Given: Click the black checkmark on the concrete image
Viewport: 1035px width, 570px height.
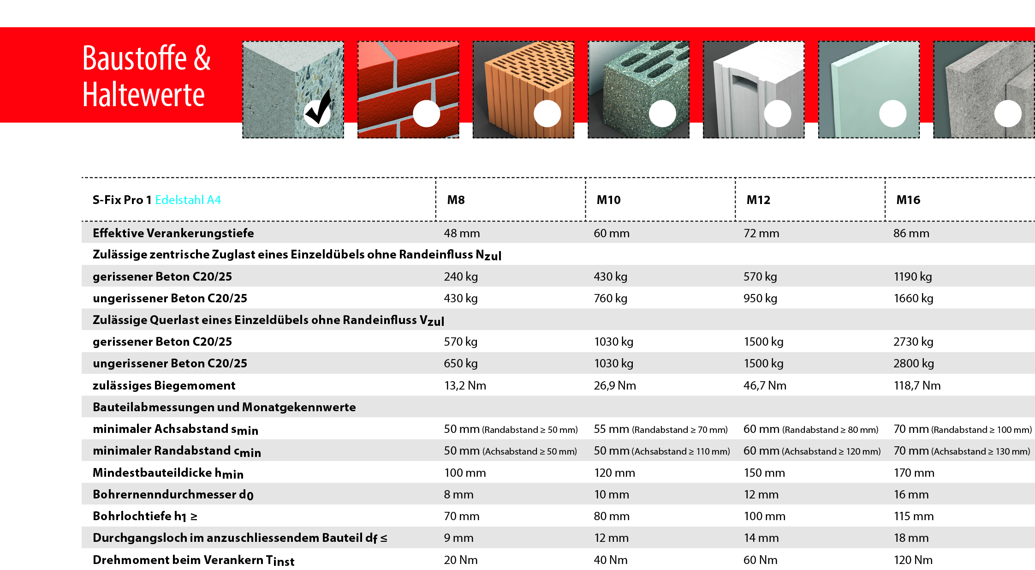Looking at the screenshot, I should tap(318, 108).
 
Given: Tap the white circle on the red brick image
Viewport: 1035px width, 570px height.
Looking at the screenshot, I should tap(426, 114).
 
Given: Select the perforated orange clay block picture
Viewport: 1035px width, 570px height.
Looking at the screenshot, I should tap(523, 89).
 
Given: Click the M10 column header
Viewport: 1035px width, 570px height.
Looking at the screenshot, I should tap(608, 200).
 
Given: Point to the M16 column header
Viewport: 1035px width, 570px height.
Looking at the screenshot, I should tap(908, 200).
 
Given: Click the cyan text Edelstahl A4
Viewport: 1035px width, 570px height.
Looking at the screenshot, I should tap(188, 200).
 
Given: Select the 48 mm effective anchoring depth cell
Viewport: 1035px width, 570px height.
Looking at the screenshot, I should tap(462, 233).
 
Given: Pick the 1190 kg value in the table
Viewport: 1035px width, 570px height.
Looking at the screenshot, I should tap(912, 276).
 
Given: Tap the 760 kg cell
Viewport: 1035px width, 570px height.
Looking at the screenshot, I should tap(610, 298).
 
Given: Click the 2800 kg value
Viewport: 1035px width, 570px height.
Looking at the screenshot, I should tap(913, 363).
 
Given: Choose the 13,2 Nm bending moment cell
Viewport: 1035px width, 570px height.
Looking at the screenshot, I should tap(465, 385).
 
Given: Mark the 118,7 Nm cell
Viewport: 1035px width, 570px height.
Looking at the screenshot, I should tap(917, 385).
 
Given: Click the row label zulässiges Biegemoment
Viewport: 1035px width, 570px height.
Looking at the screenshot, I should tap(164, 385).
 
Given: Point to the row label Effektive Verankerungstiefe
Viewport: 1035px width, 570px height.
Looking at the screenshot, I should tap(173, 233).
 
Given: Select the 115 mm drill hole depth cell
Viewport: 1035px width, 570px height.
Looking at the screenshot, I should tap(913, 516).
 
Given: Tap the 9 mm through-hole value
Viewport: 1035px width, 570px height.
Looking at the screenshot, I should tap(458, 538).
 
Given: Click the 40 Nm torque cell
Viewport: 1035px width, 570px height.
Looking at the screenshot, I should tap(610, 560).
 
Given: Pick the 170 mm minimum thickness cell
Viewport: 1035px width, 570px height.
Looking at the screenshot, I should tap(914, 473).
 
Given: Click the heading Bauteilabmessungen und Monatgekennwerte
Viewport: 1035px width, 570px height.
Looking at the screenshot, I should tap(224, 407).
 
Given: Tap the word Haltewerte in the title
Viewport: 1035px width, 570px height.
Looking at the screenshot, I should tap(143, 95).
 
